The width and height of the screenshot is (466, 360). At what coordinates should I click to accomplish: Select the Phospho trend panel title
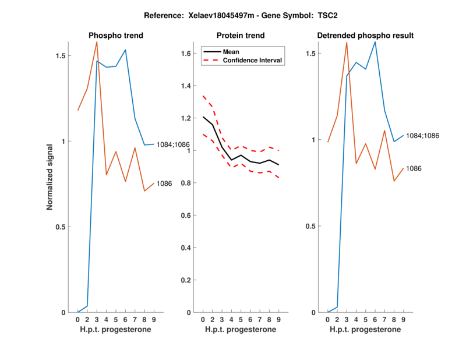click(116, 36)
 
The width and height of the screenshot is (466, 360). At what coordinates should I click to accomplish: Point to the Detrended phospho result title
click(365, 36)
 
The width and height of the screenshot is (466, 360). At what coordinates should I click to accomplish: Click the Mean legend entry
click(231, 51)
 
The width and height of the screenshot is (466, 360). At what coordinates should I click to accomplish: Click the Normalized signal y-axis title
click(51, 177)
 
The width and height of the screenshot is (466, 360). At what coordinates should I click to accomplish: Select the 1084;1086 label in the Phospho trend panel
click(173, 144)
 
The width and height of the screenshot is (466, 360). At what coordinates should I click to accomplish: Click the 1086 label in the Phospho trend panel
click(164, 183)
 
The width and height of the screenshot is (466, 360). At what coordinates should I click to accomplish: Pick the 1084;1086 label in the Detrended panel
click(422, 135)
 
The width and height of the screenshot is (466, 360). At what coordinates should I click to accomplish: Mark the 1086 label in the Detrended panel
click(414, 168)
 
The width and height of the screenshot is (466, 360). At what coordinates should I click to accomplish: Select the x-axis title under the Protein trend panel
click(241, 330)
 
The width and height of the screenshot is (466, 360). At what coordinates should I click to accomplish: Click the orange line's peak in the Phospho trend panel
click(97, 42)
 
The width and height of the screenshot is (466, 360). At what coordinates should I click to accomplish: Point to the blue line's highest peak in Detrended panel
click(375, 42)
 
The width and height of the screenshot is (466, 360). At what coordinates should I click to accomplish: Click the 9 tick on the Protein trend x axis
click(278, 320)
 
